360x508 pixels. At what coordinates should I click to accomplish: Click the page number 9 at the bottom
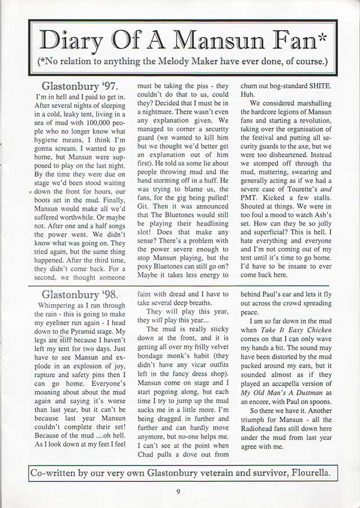(x=179, y=491)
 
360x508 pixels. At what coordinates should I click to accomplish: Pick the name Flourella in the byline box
(x=306, y=473)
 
